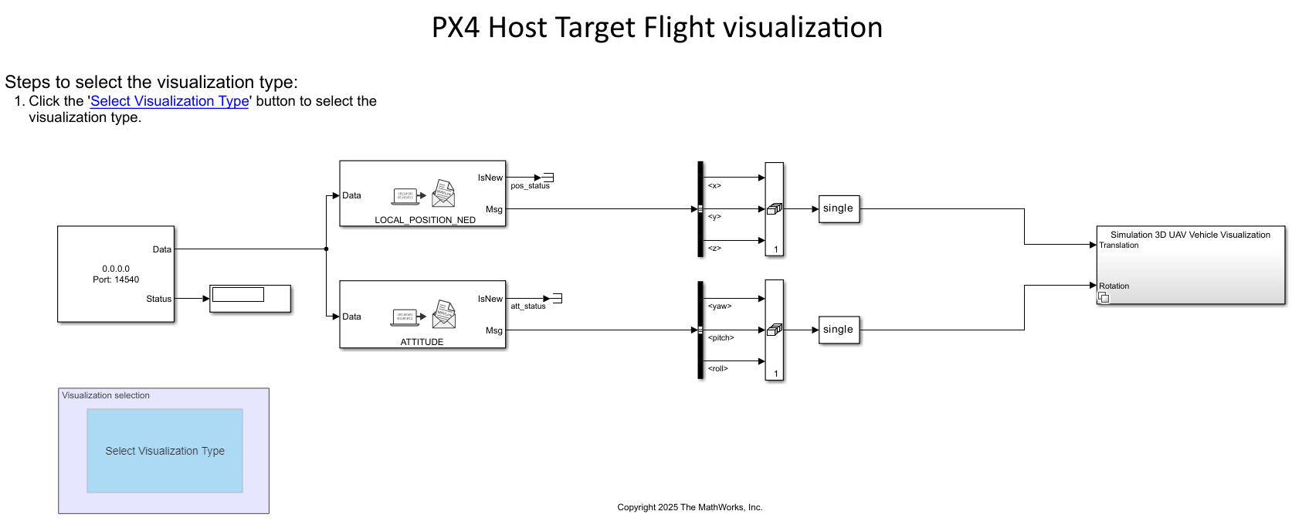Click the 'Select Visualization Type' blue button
tap(164, 451)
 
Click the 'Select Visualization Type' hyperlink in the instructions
tap(169, 101)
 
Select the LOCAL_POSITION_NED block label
tap(425, 220)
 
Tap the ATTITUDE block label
tap(422, 342)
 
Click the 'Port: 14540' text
tap(116, 279)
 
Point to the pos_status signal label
tap(530, 186)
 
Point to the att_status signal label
tap(527, 306)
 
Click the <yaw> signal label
tap(719, 306)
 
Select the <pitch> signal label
tap(721, 338)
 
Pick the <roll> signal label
tap(717, 369)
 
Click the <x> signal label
tap(714, 186)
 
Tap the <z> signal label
tap(714, 249)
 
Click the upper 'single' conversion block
tap(839, 208)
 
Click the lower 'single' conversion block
tap(839, 330)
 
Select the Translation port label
tap(1118, 245)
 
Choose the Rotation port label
tap(1114, 286)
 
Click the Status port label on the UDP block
tap(158, 299)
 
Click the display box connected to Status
tap(250, 299)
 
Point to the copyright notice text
tap(690, 507)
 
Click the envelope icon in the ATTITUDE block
tap(444, 314)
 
